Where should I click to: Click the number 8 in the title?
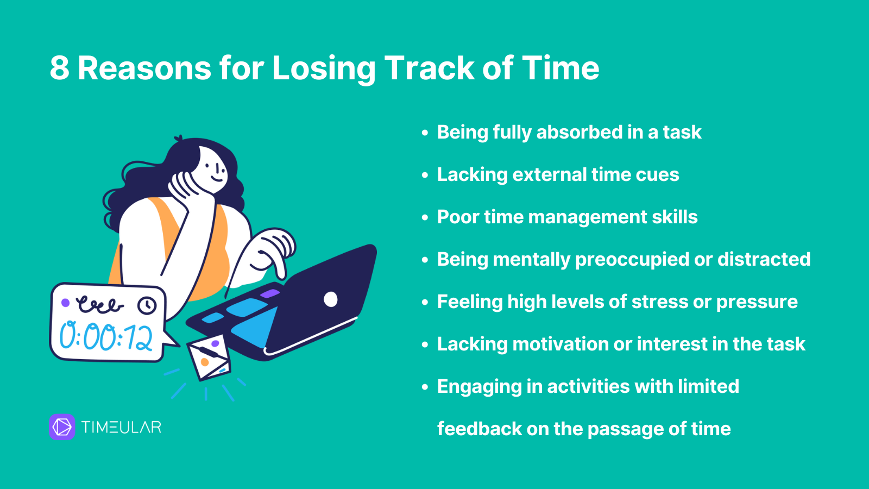pyautogui.click(x=60, y=68)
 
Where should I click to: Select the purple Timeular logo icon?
pyautogui.click(x=62, y=427)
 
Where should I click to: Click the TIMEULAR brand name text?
pyautogui.click(x=121, y=427)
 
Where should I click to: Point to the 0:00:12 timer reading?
pyautogui.click(x=106, y=336)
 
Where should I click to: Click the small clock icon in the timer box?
pyautogui.click(x=147, y=305)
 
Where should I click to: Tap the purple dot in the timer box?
pyautogui.click(x=66, y=303)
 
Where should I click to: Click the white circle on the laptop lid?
pyautogui.click(x=331, y=299)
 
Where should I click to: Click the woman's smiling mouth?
pyautogui.click(x=217, y=180)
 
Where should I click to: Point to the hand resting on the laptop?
pyautogui.click(x=272, y=250)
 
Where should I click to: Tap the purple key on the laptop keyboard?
pyautogui.click(x=270, y=293)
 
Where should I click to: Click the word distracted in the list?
pyautogui.click(x=764, y=259)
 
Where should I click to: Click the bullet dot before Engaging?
pyautogui.click(x=425, y=387)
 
